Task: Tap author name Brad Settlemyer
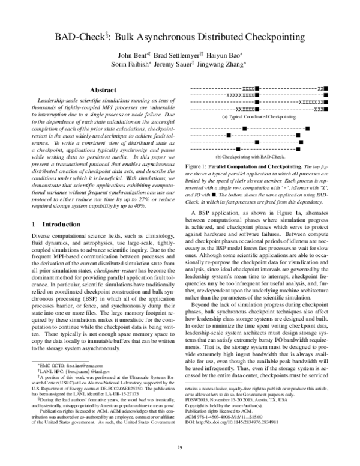click(x=178, y=55)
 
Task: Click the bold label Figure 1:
click(x=197, y=164)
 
